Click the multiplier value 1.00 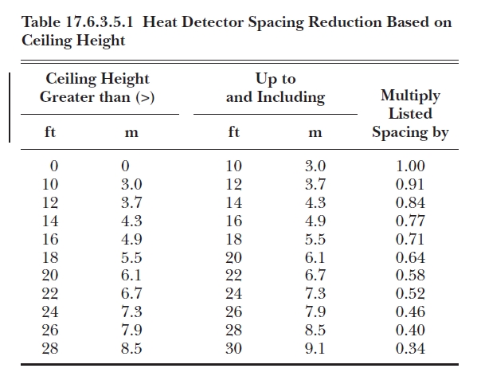click(x=410, y=166)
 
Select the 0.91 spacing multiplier click(x=410, y=184)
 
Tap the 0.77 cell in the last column click(x=410, y=221)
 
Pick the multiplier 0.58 click(x=410, y=275)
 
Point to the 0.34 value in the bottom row click(x=410, y=348)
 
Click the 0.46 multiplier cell click(x=410, y=311)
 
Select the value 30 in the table click(x=233, y=348)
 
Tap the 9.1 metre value click(x=315, y=348)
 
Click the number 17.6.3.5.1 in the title click(x=100, y=22)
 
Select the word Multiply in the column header click(x=410, y=96)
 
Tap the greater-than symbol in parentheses click(x=145, y=97)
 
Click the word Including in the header click(x=291, y=98)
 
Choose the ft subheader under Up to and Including click(x=233, y=131)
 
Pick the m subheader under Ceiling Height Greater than click(x=131, y=133)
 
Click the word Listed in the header click(x=410, y=113)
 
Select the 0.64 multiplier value click(x=410, y=257)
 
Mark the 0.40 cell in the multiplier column click(x=410, y=330)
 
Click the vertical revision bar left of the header click(x=10, y=107)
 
